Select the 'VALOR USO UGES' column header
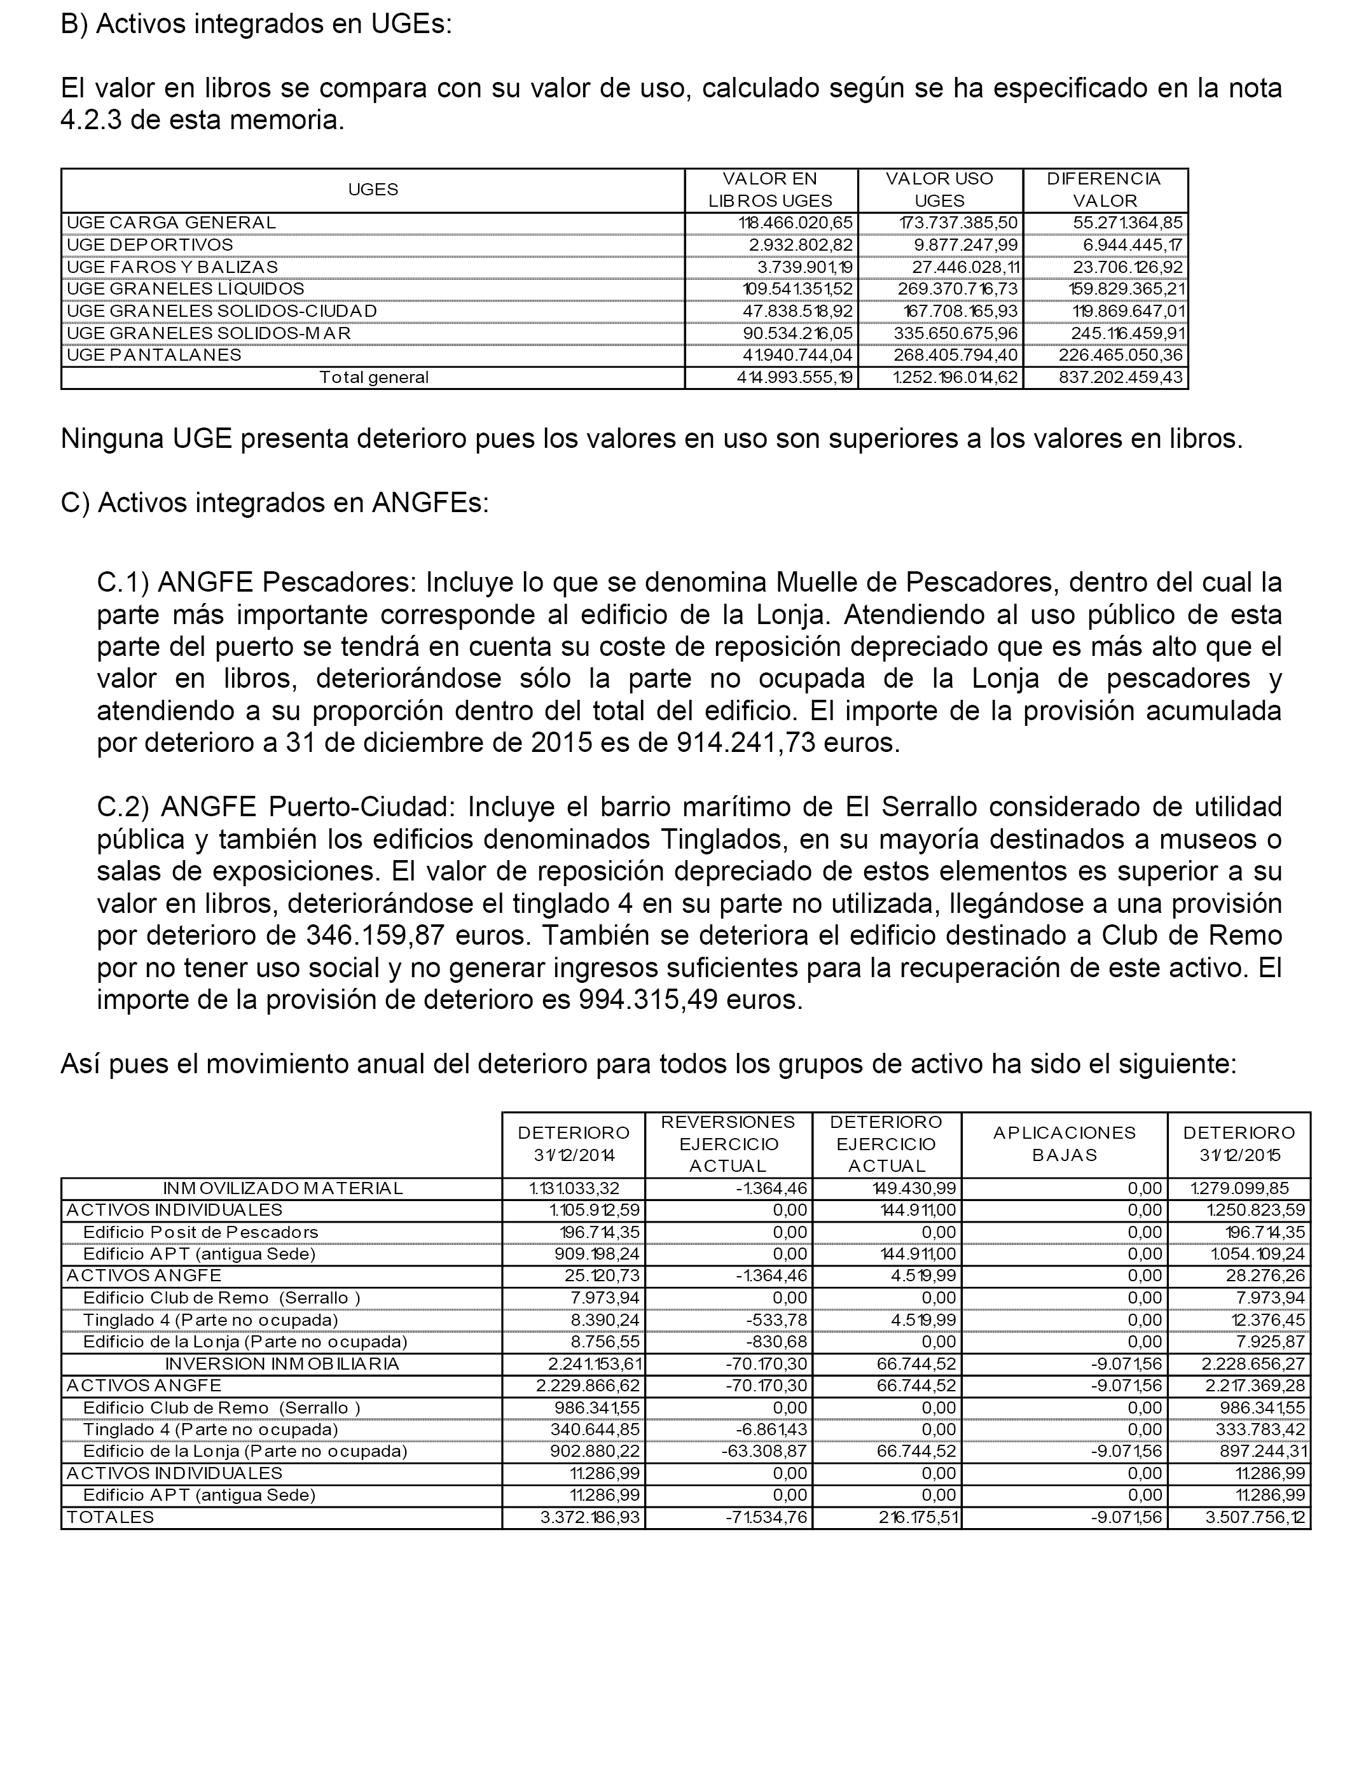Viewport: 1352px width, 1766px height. (x=939, y=190)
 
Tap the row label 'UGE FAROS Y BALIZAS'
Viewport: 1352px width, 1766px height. (x=172, y=267)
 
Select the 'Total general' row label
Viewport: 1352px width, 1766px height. (x=373, y=377)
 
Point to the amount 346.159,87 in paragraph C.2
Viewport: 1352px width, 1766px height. (x=378, y=935)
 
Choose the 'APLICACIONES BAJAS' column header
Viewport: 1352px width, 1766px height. (x=1064, y=1144)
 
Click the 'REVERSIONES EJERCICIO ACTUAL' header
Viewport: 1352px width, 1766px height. (x=728, y=1144)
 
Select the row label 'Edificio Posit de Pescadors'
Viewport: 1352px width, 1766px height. (x=200, y=1232)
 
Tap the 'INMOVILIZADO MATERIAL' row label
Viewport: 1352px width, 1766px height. (x=282, y=1188)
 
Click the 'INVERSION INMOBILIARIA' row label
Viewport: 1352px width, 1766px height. (x=282, y=1363)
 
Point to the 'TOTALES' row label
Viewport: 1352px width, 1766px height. (x=109, y=1517)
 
